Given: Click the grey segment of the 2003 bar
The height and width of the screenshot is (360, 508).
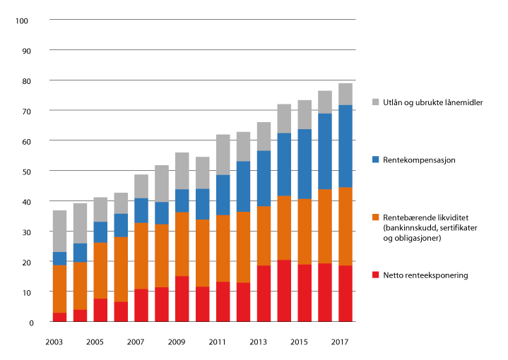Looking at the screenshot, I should pos(59,231).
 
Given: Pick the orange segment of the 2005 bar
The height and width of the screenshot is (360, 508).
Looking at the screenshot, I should pos(100,270).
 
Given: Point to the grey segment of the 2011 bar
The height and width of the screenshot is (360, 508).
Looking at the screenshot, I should pos(223,155).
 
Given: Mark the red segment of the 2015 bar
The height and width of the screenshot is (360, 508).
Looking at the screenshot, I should pos(305,294).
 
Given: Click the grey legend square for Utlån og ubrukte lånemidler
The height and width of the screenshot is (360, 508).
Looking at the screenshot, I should pos(377,102).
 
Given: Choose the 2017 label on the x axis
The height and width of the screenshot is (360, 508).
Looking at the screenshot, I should pos(340,342).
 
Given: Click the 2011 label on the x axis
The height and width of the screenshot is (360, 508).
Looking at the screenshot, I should pos(217,342).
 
